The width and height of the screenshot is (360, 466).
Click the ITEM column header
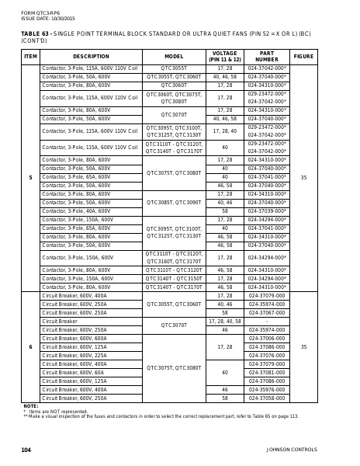tap(30, 57)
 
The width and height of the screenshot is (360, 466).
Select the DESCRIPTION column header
tap(92, 57)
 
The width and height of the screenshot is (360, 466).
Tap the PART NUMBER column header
tap(267, 57)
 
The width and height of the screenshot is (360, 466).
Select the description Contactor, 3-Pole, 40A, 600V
tap(76, 210)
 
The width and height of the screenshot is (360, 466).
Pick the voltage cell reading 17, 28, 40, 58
tap(225, 321)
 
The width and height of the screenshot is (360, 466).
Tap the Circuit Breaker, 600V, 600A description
tap(74, 339)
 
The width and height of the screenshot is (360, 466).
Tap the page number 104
tap(26, 450)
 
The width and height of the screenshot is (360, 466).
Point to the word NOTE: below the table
tap(30, 406)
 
